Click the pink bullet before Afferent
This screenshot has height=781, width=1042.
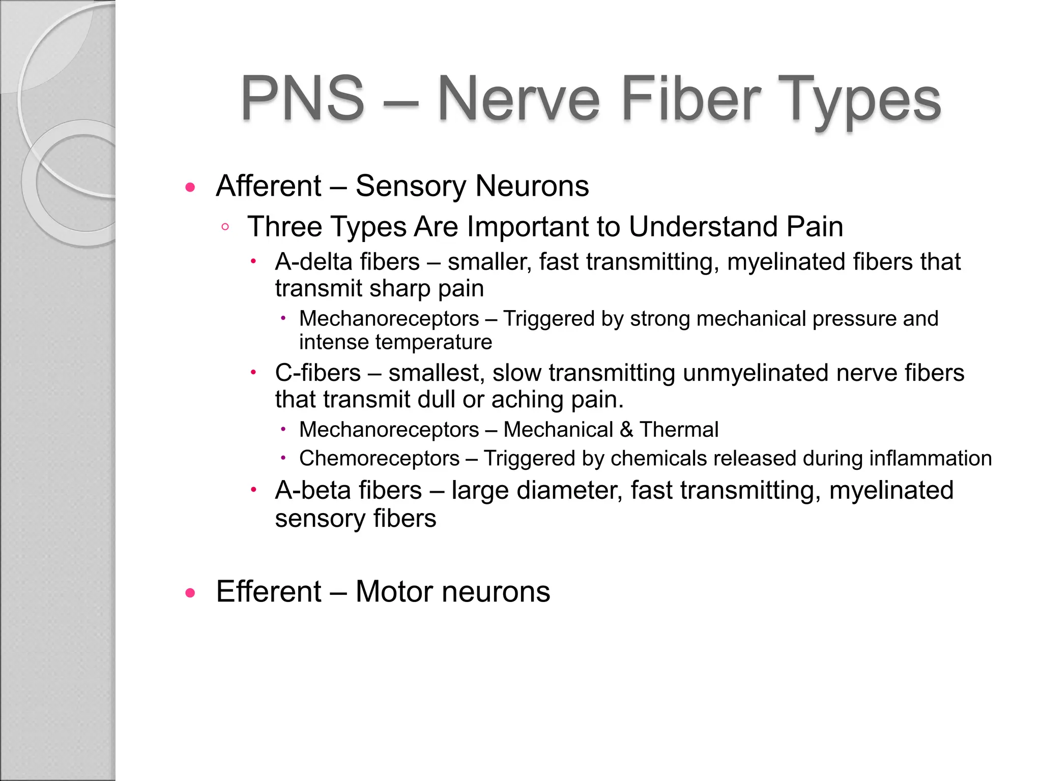coord(190,188)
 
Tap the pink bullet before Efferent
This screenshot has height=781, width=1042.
coord(190,593)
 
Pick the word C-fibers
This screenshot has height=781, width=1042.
coord(318,373)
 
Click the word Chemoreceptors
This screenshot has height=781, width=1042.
coord(380,458)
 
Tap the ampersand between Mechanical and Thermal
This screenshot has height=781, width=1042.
coord(626,430)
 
